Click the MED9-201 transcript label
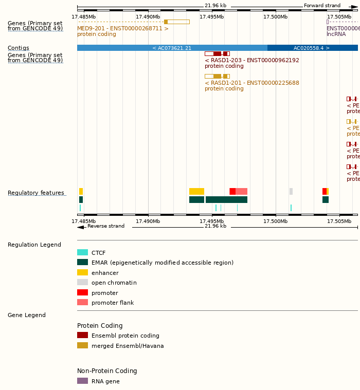point(122,28)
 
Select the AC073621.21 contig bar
point(172,48)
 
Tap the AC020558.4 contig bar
point(312,48)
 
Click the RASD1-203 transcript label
point(251,60)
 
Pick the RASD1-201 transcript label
point(251,83)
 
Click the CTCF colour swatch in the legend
point(82,252)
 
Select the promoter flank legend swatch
point(82,302)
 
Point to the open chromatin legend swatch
point(82,282)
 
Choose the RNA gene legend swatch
point(82,381)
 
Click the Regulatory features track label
point(36,193)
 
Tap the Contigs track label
point(19,48)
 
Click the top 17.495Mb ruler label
point(211,17)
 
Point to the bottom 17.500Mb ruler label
point(275,221)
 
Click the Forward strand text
point(322,6)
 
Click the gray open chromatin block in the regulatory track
point(291,191)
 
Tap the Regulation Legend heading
point(34,245)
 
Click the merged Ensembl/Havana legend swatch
point(82,345)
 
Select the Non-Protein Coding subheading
point(107,371)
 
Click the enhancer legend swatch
point(82,272)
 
